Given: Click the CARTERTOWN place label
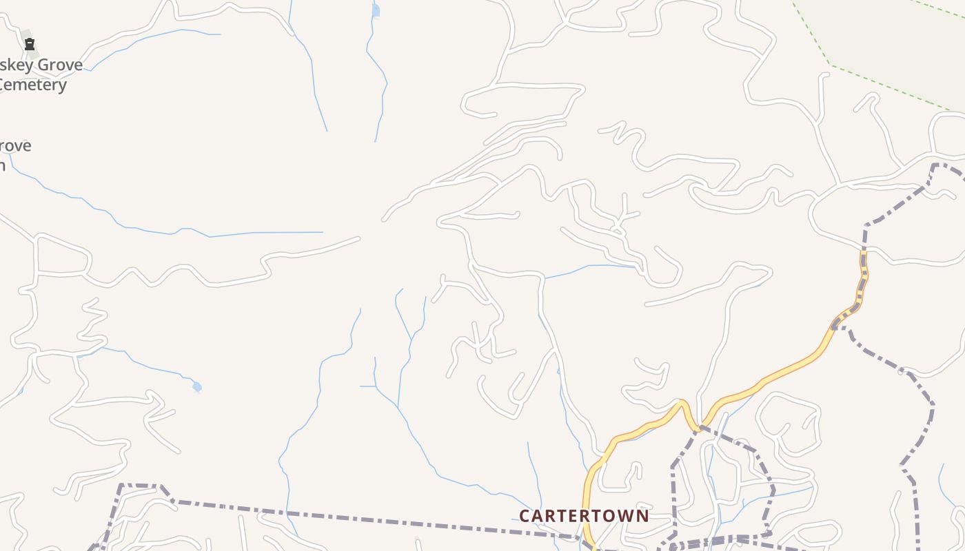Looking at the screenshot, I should click(584, 516).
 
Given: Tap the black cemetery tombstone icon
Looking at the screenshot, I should click(30, 45).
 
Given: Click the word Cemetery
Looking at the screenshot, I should click(32, 85).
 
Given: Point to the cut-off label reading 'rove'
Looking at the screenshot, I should click(15, 146).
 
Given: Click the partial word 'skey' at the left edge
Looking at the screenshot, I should click(12, 65).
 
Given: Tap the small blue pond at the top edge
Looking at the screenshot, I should click(376, 10).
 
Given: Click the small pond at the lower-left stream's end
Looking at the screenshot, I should click(197, 387).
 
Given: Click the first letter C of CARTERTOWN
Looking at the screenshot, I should click(525, 516).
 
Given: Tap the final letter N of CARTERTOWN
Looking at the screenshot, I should click(642, 516).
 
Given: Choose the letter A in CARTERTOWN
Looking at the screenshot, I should click(538, 516).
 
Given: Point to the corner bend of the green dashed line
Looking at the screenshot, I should click(831, 65).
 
